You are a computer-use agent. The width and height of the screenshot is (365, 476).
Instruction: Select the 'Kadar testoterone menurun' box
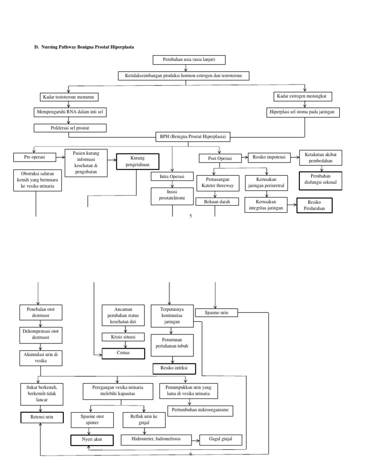pyautogui.click(x=68, y=97)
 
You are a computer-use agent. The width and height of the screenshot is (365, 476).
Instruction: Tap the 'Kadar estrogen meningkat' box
pyautogui.click(x=305, y=96)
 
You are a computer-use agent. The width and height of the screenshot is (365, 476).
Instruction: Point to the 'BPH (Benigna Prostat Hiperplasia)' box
pyautogui.click(x=192, y=137)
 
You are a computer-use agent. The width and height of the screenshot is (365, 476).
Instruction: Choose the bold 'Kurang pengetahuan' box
pyautogui.click(x=137, y=162)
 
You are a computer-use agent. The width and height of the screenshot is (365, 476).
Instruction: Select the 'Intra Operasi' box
pyautogui.click(x=173, y=177)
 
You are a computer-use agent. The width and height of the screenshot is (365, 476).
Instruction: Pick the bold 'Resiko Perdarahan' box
pyautogui.click(x=314, y=205)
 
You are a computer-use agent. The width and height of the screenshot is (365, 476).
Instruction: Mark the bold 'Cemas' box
pyautogui.click(x=123, y=353)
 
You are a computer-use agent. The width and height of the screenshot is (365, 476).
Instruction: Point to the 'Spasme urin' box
pyautogui.click(x=217, y=313)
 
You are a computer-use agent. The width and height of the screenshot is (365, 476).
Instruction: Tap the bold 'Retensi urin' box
pyautogui.click(x=42, y=418)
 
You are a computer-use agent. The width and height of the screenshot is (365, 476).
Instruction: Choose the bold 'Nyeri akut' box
pyautogui.click(x=92, y=440)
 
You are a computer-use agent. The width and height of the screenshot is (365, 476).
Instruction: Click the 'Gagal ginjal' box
pyautogui.click(x=221, y=439)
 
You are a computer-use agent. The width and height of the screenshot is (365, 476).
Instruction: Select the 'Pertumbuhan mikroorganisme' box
pyautogui.click(x=200, y=409)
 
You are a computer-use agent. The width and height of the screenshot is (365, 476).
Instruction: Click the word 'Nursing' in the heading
pyautogui.click(x=51, y=47)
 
